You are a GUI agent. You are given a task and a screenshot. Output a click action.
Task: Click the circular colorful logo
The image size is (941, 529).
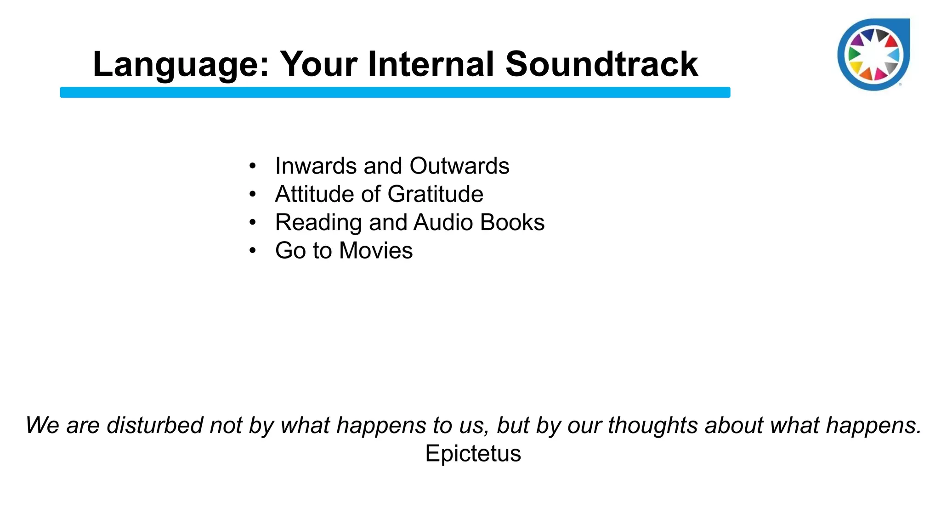(x=873, y=55)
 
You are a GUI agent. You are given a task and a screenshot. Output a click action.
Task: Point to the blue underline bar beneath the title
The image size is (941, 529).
(x=395, y=92)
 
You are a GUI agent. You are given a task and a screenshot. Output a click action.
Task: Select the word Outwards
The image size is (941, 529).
(x=459, y=166)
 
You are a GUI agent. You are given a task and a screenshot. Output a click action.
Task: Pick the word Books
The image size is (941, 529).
(x=512, y=223)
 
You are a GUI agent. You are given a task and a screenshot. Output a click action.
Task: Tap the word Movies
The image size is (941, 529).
(x=375, y=251)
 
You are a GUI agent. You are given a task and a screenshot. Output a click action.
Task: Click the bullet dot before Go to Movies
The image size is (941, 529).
(x=252, y=251)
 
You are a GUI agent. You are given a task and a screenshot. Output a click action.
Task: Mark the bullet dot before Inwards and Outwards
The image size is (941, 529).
(x=252, y=166)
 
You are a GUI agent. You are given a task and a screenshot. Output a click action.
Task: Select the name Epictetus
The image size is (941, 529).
(x=473, y=454)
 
